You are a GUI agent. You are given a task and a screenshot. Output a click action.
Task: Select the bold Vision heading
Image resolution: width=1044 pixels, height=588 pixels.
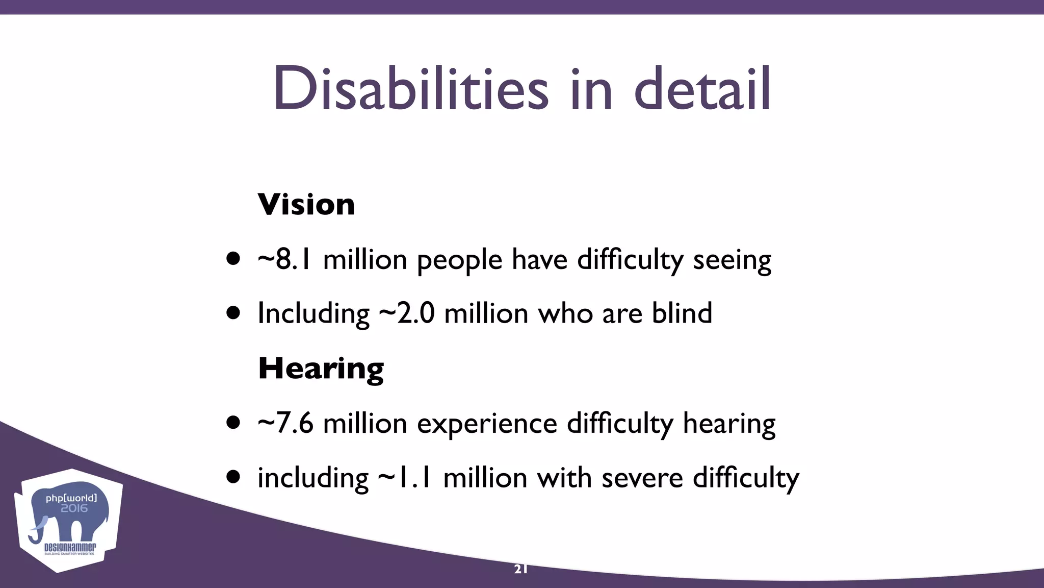306,205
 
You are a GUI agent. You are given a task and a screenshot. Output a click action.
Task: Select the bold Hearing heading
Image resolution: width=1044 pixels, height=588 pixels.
321,369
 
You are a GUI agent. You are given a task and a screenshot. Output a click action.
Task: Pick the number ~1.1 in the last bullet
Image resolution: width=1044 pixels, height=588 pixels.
405,478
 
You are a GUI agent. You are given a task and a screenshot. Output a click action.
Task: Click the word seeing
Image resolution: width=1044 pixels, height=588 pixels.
732,260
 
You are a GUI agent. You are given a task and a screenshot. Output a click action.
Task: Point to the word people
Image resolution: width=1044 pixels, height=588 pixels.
459,260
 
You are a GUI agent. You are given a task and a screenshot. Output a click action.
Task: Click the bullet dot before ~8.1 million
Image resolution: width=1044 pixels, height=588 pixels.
233,259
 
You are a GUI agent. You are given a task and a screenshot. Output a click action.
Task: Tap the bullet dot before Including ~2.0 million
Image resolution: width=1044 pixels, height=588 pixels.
233,312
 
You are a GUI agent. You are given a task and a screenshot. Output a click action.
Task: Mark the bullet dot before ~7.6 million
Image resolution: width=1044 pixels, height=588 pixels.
233,423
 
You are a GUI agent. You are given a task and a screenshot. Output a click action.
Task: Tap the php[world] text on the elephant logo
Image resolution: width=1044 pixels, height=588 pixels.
71,498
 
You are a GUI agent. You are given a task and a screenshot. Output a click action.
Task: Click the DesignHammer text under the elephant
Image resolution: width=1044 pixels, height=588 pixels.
70,548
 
